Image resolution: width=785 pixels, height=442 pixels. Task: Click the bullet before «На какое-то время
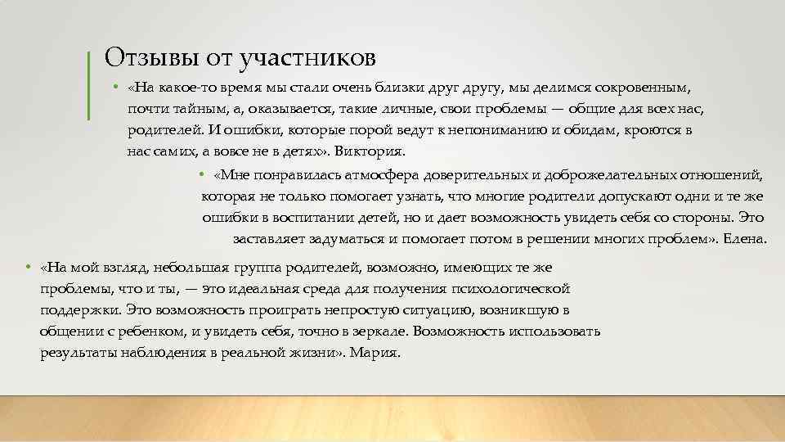[118, 87]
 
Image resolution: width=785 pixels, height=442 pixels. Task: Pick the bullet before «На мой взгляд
[28, 267]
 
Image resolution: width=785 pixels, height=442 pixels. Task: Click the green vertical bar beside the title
[87, 84]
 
